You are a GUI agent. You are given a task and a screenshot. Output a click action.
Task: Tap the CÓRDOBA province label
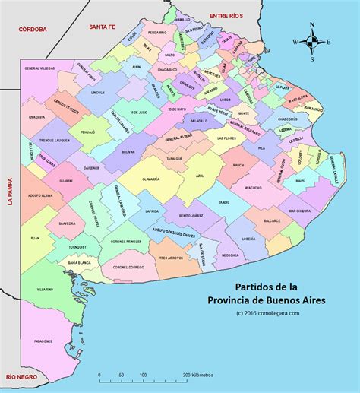[29, 28]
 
